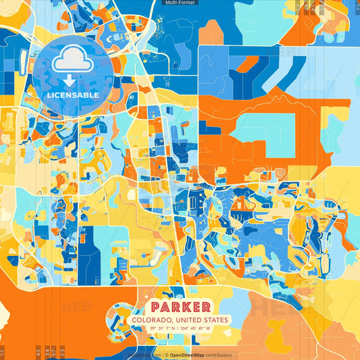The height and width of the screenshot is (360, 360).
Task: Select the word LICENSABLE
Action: pyautogui.click(x=72, y=95)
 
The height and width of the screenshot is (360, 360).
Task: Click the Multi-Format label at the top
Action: pyautogui.click(x=180, y=3)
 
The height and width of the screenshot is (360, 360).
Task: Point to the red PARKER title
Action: pyautogui.click(x=180, y=306)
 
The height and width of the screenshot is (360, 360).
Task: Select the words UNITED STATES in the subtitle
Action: pyautogui.click(x=207, y=319)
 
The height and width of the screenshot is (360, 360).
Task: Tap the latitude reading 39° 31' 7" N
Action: pyautogui.click(x=165, y=329)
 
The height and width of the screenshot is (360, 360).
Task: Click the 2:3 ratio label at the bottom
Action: pyautogui.click(x=63, y=351)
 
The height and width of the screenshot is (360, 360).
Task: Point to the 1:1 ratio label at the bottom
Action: pyautogui.click(x=3, y=351)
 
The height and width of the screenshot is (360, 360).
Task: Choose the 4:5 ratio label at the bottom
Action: pyautogui.click(x=37, y=351)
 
